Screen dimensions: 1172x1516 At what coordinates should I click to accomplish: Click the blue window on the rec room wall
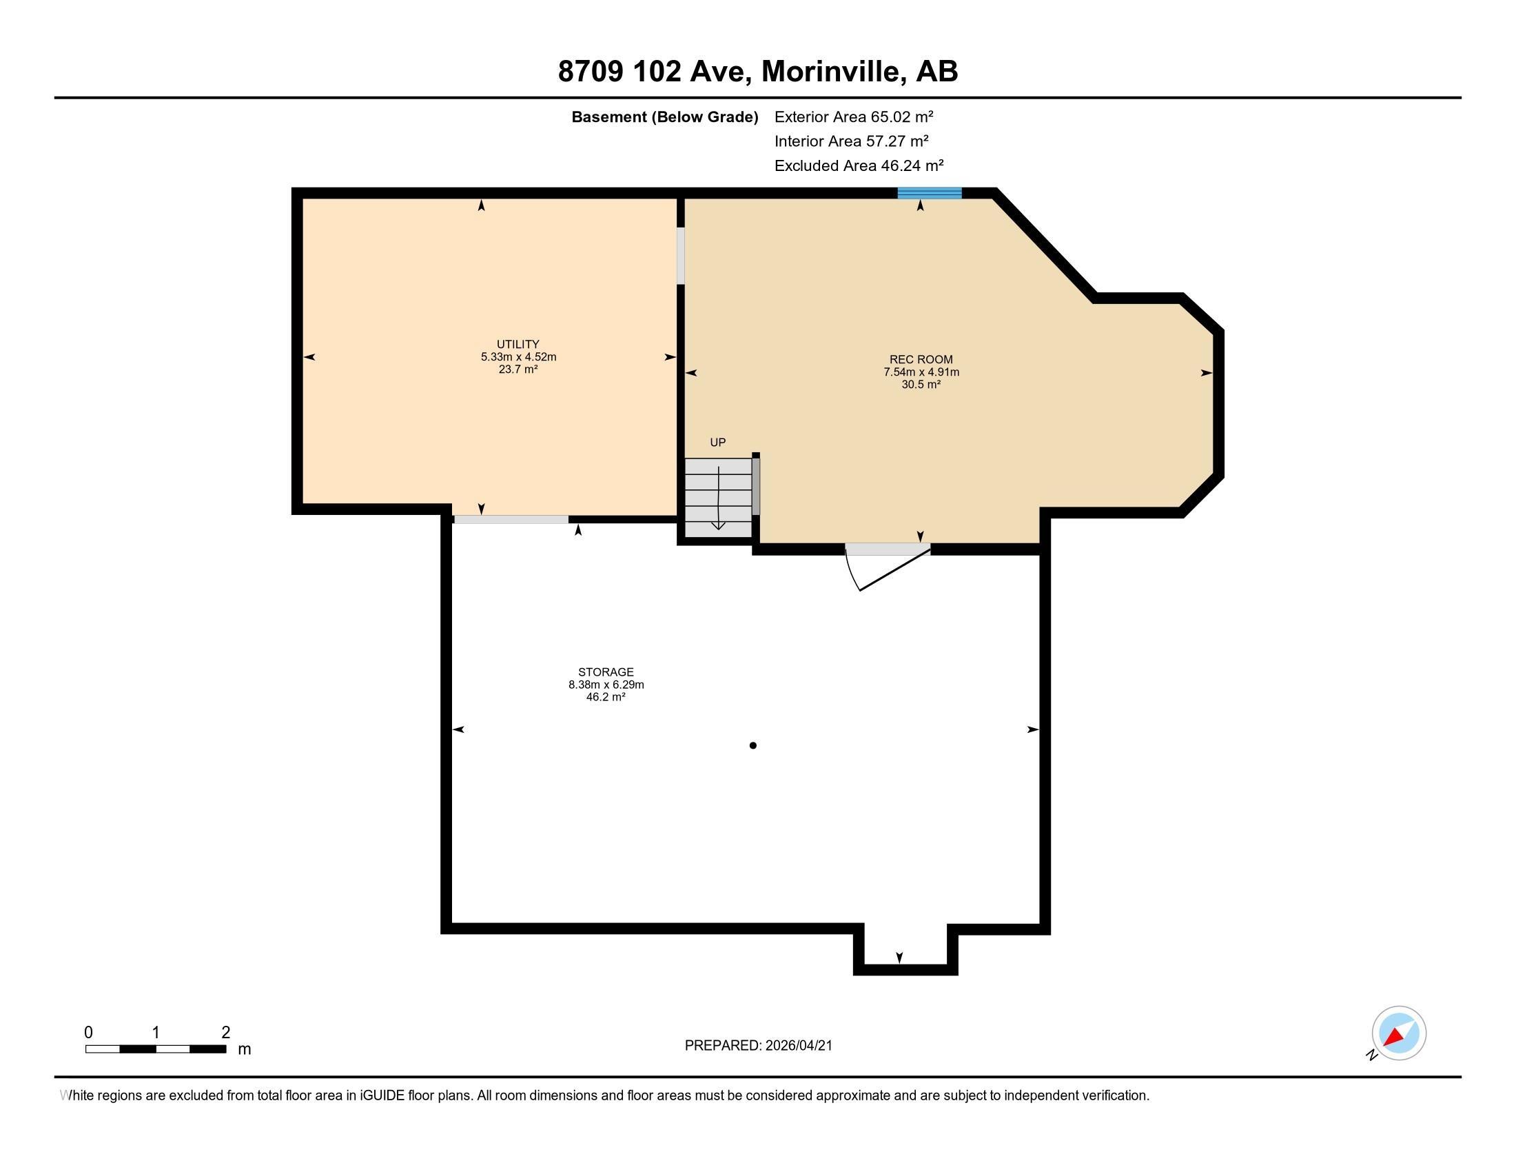929,193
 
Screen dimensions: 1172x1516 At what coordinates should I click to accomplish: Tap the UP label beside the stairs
718,443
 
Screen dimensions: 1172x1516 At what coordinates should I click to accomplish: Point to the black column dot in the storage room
753,746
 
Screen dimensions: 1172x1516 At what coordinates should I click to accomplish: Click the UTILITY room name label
518,345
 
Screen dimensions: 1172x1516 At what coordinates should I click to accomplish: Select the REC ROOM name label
921,360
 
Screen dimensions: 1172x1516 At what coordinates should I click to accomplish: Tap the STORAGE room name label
606,672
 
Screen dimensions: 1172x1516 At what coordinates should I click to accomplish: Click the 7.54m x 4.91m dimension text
921,372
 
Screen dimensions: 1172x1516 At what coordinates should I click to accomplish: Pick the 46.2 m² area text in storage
606,697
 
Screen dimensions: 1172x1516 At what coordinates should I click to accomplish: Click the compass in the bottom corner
1399,1033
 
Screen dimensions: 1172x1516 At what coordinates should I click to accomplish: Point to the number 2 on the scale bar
225,1033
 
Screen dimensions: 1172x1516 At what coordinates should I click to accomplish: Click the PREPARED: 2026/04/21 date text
758,1046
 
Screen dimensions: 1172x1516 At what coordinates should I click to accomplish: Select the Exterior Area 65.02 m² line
853,117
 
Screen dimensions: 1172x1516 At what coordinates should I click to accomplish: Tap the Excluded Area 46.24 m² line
859,165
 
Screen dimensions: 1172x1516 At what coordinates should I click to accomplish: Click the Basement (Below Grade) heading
664,117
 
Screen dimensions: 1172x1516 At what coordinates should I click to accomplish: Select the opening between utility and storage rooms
511,519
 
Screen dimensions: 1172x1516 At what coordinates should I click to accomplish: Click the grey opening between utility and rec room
681,256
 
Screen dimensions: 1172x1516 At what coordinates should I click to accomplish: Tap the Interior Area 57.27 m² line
851,141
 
